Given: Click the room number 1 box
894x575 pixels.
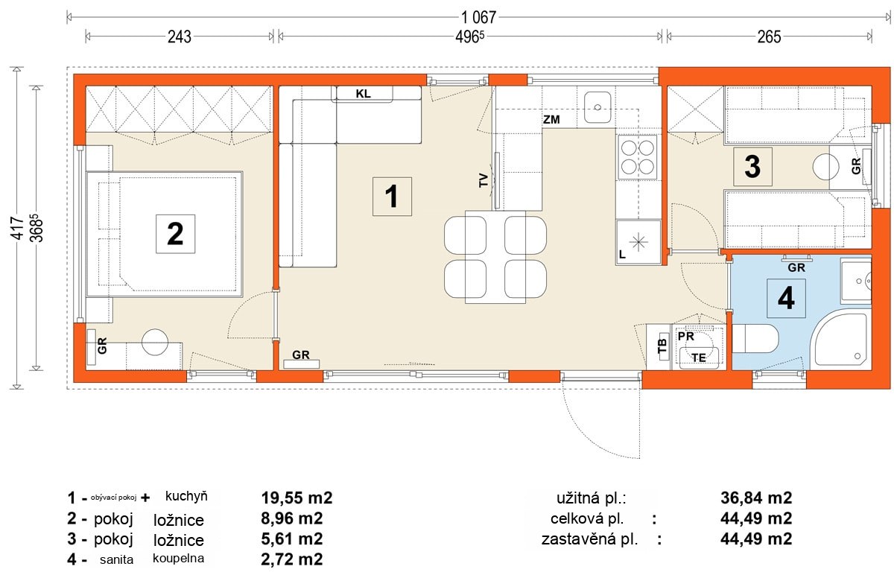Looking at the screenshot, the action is click(392, 197).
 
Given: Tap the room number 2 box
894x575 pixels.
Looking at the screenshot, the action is click(176, 234).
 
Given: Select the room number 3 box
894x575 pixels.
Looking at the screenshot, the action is click(752, 167).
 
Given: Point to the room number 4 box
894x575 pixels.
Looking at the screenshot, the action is click(786, 298).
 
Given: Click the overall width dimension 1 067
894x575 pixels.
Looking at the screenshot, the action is click(478, 18).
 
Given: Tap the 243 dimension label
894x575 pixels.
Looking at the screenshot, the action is click(180, 37).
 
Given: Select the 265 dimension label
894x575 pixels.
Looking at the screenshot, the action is click(769, 37).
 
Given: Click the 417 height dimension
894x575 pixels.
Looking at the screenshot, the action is click(17, 228).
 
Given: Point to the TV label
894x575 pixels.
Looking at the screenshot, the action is click(484, 180).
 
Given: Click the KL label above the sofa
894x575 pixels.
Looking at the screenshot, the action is click(364, 94).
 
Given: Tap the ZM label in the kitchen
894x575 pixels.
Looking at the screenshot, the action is click(551, 119).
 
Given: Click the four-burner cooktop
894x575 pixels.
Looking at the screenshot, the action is click(638, 157).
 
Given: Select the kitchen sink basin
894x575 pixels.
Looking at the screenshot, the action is click(597, 107).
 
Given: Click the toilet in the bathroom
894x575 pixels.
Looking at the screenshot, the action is click(755, 339).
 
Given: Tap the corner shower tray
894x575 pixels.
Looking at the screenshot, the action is click(840, 340).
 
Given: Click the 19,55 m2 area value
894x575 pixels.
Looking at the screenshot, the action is click(297, 498).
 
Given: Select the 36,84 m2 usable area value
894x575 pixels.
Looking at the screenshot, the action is click(756, 498).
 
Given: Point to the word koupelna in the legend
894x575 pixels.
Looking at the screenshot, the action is click(178, 558).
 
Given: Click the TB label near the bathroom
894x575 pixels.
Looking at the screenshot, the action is click(662, 346).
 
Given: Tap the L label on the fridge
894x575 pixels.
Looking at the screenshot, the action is click(622, 254).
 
